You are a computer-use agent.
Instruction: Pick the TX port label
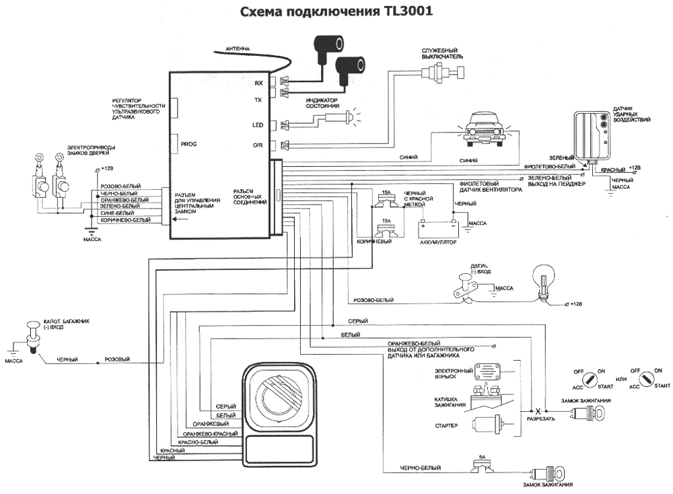(258, 100)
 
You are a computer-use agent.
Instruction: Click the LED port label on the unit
(257, 125)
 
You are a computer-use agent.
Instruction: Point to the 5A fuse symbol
(482, 464)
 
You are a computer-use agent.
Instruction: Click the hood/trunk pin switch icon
(32, 334)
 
